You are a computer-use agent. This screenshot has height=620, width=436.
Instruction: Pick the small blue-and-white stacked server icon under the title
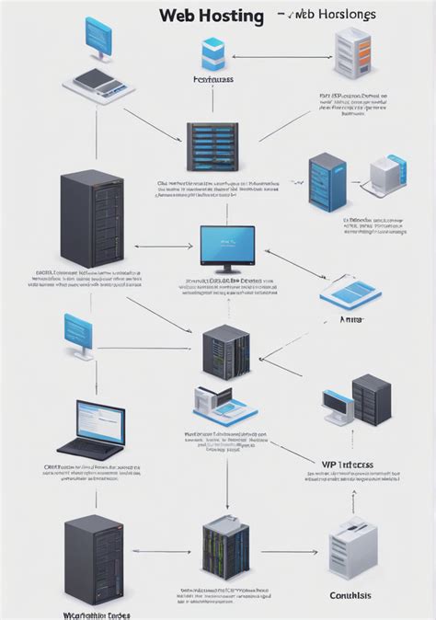(x=213, y=55)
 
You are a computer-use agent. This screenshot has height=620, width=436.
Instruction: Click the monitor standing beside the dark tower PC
(x=338, y=409)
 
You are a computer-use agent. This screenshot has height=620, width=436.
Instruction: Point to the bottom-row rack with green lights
(x=226, y=547)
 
